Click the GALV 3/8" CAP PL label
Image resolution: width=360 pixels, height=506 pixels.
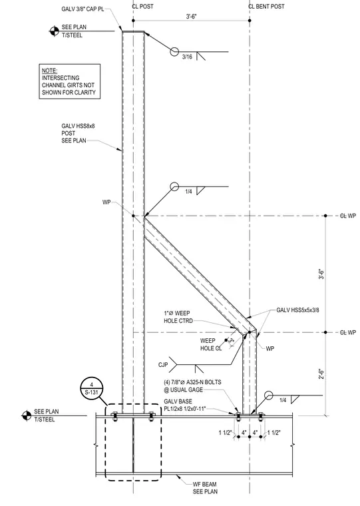[83, 9]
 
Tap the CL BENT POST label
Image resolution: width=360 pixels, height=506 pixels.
[266, 7]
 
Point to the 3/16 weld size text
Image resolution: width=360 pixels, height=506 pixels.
[187, 57]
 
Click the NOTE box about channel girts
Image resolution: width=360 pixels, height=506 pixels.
[70, 81]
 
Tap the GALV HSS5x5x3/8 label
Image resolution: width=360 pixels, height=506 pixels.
[297, 310]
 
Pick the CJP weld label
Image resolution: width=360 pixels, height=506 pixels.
[163, 365]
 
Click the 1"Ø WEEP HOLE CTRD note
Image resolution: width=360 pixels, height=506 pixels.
[178, 317]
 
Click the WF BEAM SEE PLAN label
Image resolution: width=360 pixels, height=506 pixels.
[205, 487]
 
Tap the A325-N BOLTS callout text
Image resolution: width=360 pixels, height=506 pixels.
[192, 386]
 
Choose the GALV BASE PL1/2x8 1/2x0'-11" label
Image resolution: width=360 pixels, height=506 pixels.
[185, 405]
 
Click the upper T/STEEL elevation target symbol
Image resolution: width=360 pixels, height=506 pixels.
[54, 31]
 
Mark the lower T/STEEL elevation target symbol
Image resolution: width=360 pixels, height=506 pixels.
[27, 415]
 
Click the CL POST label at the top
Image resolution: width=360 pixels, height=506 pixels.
[142, 7]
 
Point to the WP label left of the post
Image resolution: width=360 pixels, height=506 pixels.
[106, 202]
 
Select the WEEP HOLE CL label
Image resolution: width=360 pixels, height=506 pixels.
[212, 344]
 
